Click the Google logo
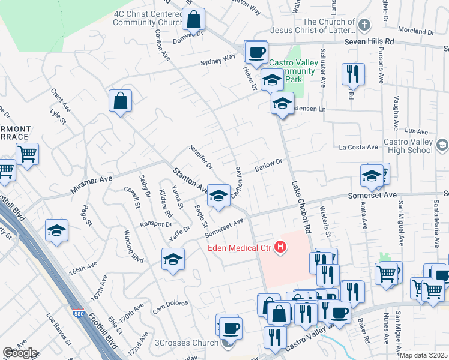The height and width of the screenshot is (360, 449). pos(19,353)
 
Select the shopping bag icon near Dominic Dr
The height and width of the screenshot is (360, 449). pos(194,20)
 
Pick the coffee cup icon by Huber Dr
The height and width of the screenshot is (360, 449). pos(256,52)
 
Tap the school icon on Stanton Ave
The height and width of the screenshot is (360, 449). pos(218,195)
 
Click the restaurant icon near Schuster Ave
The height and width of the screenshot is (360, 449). pos(352,74)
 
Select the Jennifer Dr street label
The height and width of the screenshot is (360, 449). pos(201,157)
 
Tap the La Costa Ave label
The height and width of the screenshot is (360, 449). pos(358,147)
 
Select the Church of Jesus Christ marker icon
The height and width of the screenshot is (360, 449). pos(364,25)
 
